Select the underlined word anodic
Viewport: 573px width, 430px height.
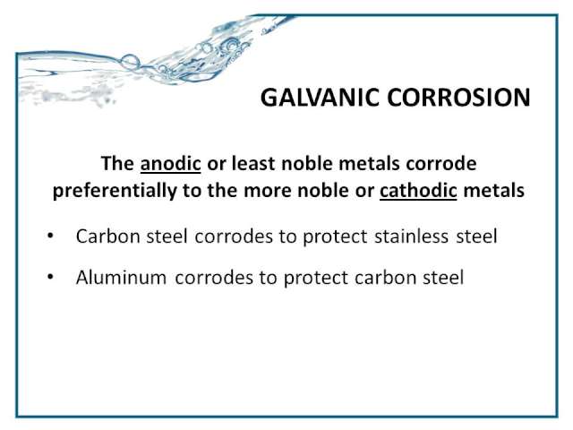tap(171, 163)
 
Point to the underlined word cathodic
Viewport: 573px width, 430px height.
tap(418, 190)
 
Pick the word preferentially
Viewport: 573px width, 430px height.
tap(115, 191)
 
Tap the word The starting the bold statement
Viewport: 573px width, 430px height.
tap(117, 163)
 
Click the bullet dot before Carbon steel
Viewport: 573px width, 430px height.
tap(50, 236)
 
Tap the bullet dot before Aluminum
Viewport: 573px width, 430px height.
tap(50, 277)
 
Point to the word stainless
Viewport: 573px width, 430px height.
tap(412, 236)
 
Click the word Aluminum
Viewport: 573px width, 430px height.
tap(122, 277)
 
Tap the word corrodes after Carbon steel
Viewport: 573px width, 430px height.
tap(234, 236)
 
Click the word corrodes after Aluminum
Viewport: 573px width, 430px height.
tap(214, 277)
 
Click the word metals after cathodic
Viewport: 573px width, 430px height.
tap(494, 190)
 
